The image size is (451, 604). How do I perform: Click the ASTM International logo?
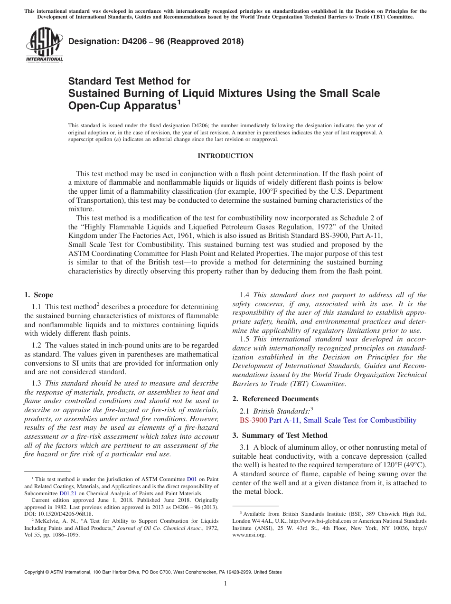pyautogui.click(x=44, y=45)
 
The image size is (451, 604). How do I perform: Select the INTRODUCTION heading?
pyautogui.click(x=225, y=156)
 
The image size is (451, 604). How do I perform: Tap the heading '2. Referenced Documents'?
pyautogui.click(x=275, y=399)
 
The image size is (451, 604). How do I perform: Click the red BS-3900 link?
pyautogui.click(x=253, y=420)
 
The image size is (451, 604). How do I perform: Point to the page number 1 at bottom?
pyautogui.click(x=225, y=584)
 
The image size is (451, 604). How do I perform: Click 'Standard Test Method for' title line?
pyautogui.click(x=129, y=82)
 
